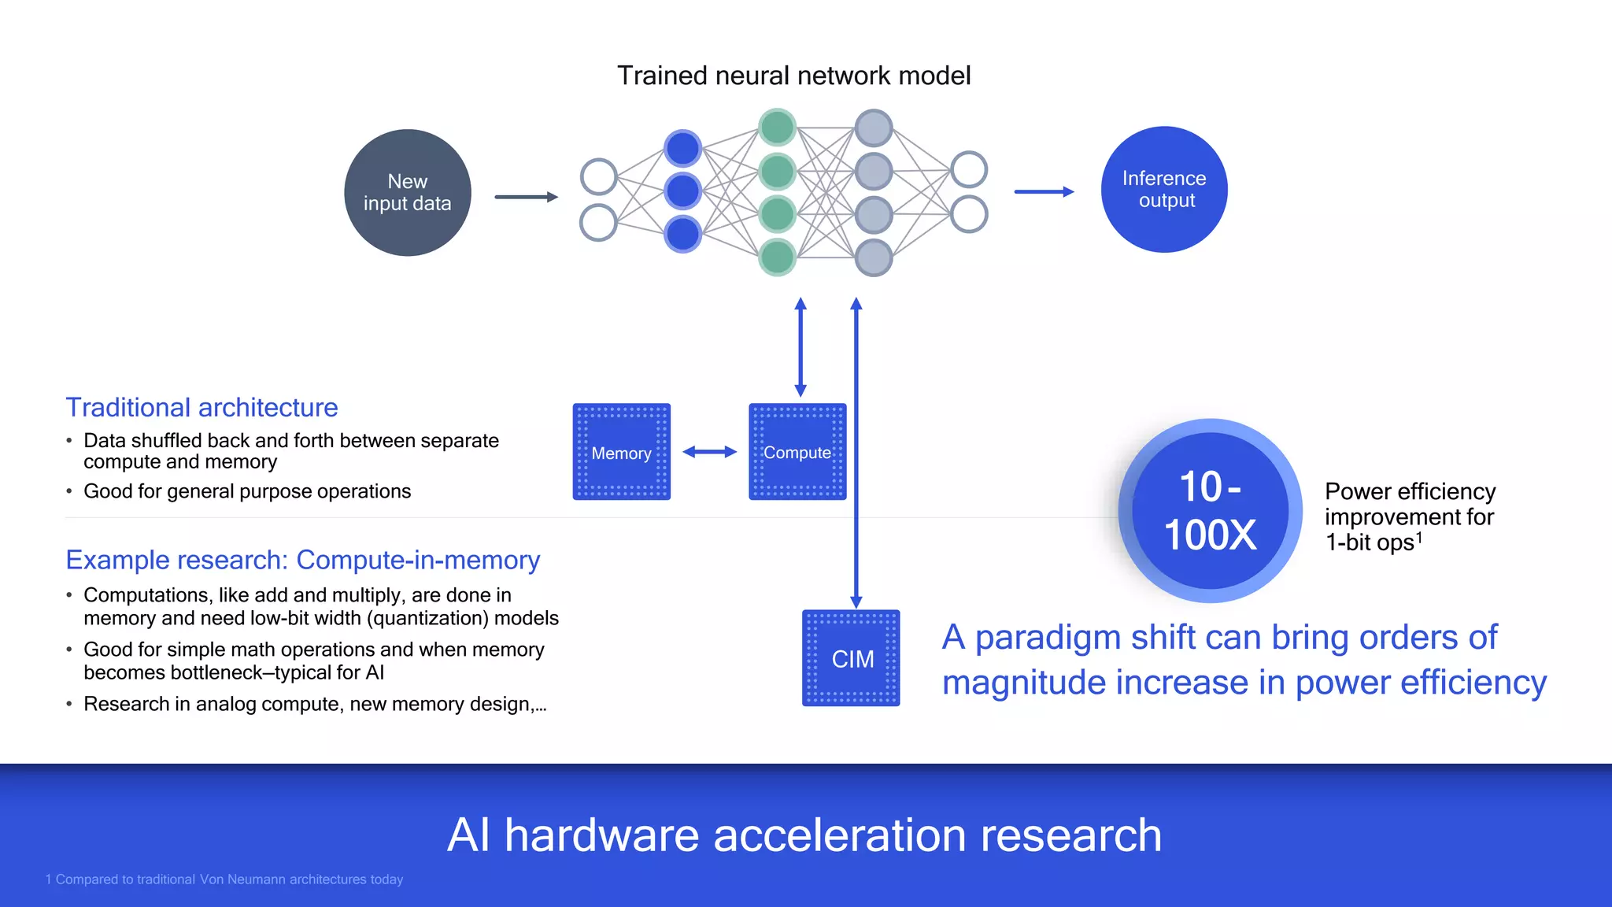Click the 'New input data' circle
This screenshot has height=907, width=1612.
pos(408,193)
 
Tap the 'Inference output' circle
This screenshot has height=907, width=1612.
pos(1164,190)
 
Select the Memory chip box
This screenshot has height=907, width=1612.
pos(622,452)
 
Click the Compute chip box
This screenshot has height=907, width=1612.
pos(797,452)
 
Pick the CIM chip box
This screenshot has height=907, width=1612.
pos(851,658)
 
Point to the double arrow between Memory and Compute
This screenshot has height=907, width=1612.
pos(709,452)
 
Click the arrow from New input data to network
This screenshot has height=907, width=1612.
pos(526,197)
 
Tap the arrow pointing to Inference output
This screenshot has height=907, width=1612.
pos(1044,191)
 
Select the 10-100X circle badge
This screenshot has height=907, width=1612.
pos(1210,511)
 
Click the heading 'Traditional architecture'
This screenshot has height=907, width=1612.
pos(201,407)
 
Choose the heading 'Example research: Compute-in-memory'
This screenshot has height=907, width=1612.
pos(303,560)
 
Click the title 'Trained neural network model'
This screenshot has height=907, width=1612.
pos(793,76)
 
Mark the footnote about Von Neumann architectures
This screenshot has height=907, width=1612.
pos(224,879)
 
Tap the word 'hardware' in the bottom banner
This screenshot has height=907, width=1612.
pos(601,835)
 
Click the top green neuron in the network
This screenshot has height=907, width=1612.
pos(778,128)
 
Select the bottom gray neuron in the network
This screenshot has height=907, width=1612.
pos(873,257)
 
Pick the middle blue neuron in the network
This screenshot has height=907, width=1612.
pos(682,191)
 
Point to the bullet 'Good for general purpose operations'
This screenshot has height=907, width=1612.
pos(247,491)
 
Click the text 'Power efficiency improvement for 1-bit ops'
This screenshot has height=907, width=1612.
pos(1410,516)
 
